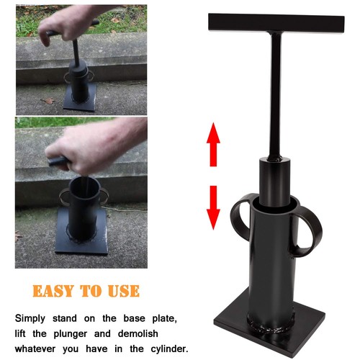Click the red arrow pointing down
(213, 206)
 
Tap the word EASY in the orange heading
(55, 291)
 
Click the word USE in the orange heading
(122, 291)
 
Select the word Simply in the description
(35, 317)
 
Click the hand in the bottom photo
(94, 148)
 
